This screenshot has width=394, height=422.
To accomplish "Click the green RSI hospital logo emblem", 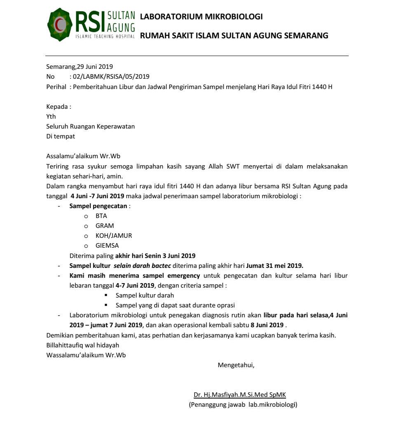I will click(x=60, y=25).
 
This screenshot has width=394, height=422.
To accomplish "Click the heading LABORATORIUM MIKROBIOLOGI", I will click(x=201, y=17).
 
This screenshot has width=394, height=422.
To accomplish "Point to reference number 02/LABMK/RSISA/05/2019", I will click(x=111, y=76).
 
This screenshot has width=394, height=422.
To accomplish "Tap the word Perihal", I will click(x=56, y=87).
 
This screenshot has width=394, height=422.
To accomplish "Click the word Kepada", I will click(x=57, y=107).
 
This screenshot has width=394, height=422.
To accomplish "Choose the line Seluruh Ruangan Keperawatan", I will click(x=90, y=127).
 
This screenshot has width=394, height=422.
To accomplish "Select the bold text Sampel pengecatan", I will click(x=98, y=206).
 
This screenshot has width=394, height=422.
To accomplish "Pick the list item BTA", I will click(x=101, y=216).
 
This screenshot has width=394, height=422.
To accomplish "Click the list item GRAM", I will click(x=105, y=226).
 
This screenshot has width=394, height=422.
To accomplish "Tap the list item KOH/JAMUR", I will click(x=114, y=236).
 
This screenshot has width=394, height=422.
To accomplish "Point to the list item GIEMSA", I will click(x=107, y=246).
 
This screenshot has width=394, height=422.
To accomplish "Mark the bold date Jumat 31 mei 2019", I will click(x=275, y=265).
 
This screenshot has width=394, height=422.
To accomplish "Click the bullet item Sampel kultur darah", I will click(x=145, y=295).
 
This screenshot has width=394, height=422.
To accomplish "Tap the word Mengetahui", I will click(x=236, y=365).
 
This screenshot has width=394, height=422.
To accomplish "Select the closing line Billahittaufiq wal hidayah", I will click(x=82, y=345).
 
